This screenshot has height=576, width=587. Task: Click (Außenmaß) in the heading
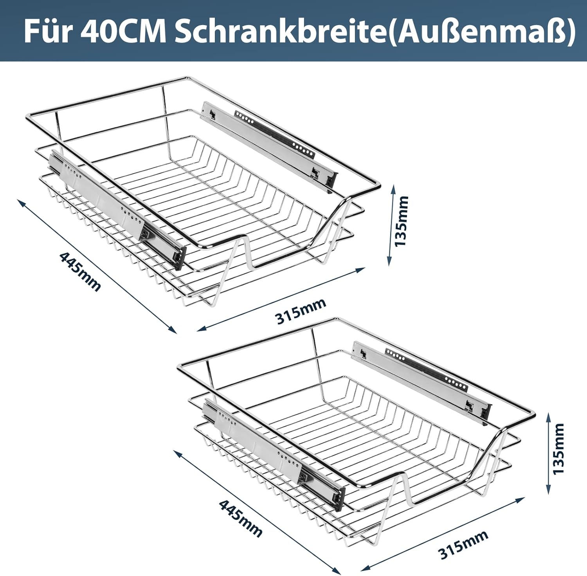pos(482,32)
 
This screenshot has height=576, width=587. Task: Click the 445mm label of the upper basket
pos(80,271)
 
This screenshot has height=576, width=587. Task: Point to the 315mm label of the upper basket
pos(301,311)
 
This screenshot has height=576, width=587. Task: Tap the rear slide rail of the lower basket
pos(421,383)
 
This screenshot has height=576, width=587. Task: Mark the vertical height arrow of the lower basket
pos(548,452)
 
